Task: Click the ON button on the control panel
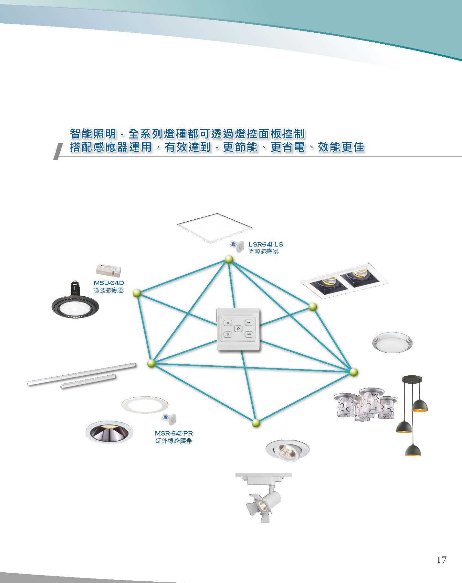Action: (249, 323)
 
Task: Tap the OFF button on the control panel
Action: (249, 334)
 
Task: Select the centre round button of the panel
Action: (238, 328)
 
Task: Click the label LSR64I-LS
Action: (266, 244)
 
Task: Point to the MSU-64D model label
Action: (109, 283)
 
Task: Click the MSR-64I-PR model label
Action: (174, 433)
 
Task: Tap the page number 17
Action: (441, 560)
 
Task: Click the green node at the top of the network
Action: (229, 259)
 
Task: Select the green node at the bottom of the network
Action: (256, 423)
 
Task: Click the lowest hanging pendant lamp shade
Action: (413, 450)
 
